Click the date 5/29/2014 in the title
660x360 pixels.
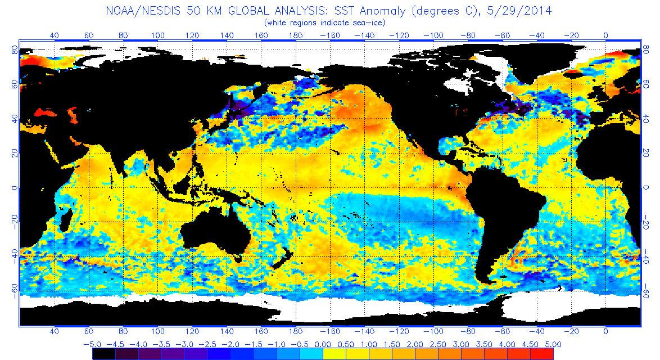click(x=523, y=11)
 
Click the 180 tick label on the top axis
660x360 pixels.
click(x=296, y=35)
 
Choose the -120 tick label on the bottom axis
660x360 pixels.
click(x=401, y=332)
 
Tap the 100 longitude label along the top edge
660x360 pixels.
click(x=158, y=35)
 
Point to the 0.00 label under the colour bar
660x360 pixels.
click(x=323, y=344)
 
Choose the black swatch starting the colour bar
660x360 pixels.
click(x=104, y=354)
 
